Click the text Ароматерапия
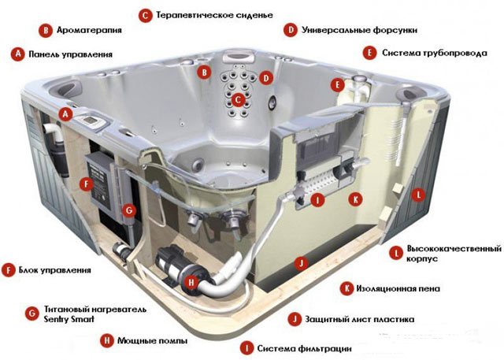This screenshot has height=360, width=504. point(89,30)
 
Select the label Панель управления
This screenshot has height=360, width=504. point(71,54)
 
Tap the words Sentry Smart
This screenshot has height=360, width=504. point(69,319)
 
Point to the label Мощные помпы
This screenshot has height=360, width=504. point(152,340)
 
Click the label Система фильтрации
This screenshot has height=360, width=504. point(305,348)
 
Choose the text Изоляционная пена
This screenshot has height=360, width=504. point(398,288)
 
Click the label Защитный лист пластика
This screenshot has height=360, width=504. point(360,319)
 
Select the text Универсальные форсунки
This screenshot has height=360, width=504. point(359,30)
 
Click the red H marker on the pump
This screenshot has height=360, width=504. point(191,283)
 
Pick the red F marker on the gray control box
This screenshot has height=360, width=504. point(86,184)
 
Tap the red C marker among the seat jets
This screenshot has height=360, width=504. point(238,100)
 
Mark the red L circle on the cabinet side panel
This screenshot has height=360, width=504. point(418,195)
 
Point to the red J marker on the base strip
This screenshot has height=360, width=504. point(301,264)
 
